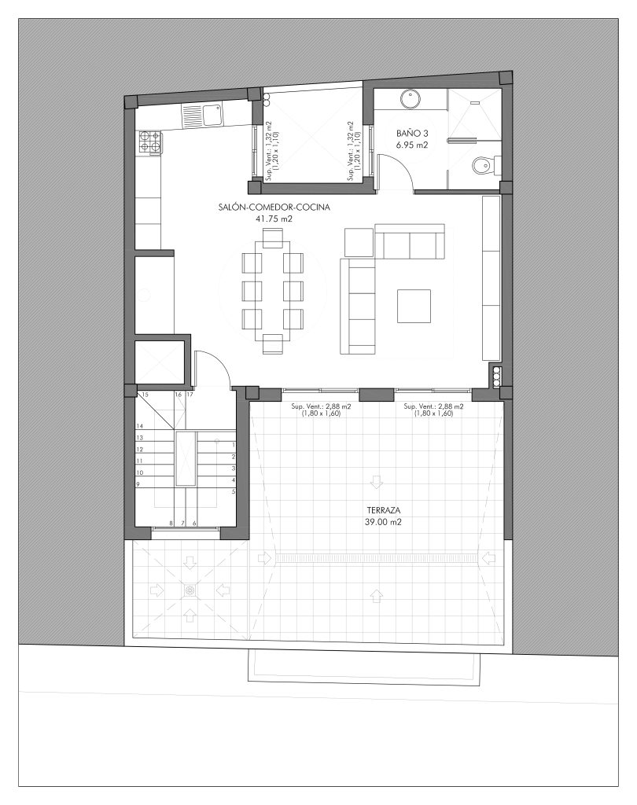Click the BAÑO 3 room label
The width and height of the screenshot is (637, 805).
pos(412,133)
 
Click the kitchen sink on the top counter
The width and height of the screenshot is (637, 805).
pos(212,114)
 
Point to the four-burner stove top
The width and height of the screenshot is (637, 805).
pos(149,142)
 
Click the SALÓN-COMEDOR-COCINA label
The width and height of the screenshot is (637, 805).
pos(274,208)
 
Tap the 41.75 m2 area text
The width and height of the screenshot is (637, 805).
pos(274,219)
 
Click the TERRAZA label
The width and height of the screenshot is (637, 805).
pos(383,510)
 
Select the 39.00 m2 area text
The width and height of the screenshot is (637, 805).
pos(383,522)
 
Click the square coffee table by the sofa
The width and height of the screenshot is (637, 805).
pos(414,306)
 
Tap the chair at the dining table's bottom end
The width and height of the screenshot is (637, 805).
pos(272,344)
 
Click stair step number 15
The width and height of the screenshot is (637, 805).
pos(145,395)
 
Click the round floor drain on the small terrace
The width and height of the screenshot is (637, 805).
pos(190,591)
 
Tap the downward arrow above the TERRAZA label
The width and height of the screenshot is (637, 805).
pos(377,482)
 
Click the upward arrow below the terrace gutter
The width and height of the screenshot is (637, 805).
pos(377,596)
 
